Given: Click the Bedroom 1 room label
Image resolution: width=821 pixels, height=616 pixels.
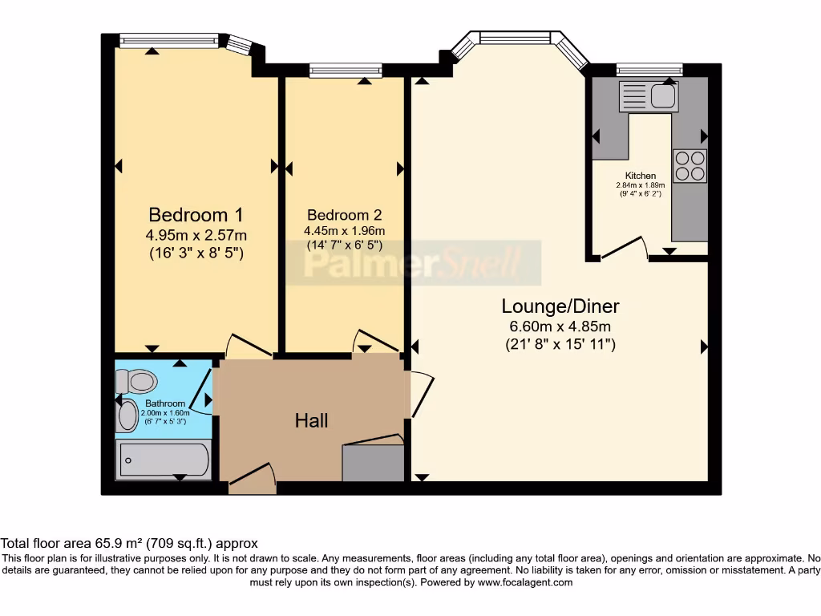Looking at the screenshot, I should [196, 215].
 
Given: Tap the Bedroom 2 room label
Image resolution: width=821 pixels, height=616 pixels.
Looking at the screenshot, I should [344, 215].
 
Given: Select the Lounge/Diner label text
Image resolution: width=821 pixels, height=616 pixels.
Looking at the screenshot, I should [560, 306].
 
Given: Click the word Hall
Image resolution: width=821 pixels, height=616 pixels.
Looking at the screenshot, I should [311, 420].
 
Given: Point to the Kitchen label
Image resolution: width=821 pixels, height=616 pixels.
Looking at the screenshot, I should [641, 176].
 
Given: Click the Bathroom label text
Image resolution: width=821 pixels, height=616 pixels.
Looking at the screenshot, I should [165, 403].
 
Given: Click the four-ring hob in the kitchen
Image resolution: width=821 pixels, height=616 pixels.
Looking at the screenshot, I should [690, 166].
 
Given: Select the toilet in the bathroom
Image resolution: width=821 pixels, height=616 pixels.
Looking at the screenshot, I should [138, 380].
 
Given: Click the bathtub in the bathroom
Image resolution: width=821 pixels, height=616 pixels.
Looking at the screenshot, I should [164, 460].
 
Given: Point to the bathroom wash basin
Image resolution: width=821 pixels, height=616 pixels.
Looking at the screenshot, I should [127, 416].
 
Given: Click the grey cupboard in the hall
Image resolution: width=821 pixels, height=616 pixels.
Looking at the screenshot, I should [373, 463].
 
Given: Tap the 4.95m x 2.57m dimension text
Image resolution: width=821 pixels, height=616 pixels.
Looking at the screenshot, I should [196, 235].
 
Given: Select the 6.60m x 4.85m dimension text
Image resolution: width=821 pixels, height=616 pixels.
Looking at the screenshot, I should [560, 326].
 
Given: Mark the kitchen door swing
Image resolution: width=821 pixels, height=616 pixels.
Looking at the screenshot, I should [625, 248].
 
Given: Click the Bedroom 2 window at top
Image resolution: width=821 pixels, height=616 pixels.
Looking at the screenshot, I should [345, 71].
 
